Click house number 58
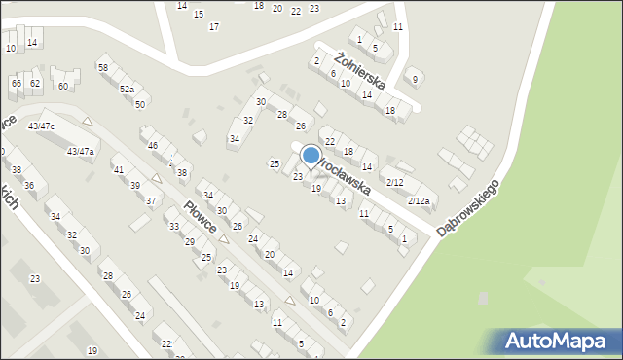point(102,67)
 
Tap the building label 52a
point(127,89)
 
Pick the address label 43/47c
point(41,126)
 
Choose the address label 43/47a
point(80,151)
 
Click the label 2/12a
point(419,200)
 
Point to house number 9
point(416,80)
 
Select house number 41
point(119,170)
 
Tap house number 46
point(153,145)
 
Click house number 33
point(174,226)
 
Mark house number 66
point(16,84)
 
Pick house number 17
point(213,26)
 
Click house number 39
point(135,185)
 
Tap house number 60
point(63,86)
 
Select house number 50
point(140,104)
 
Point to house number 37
point(151,200)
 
